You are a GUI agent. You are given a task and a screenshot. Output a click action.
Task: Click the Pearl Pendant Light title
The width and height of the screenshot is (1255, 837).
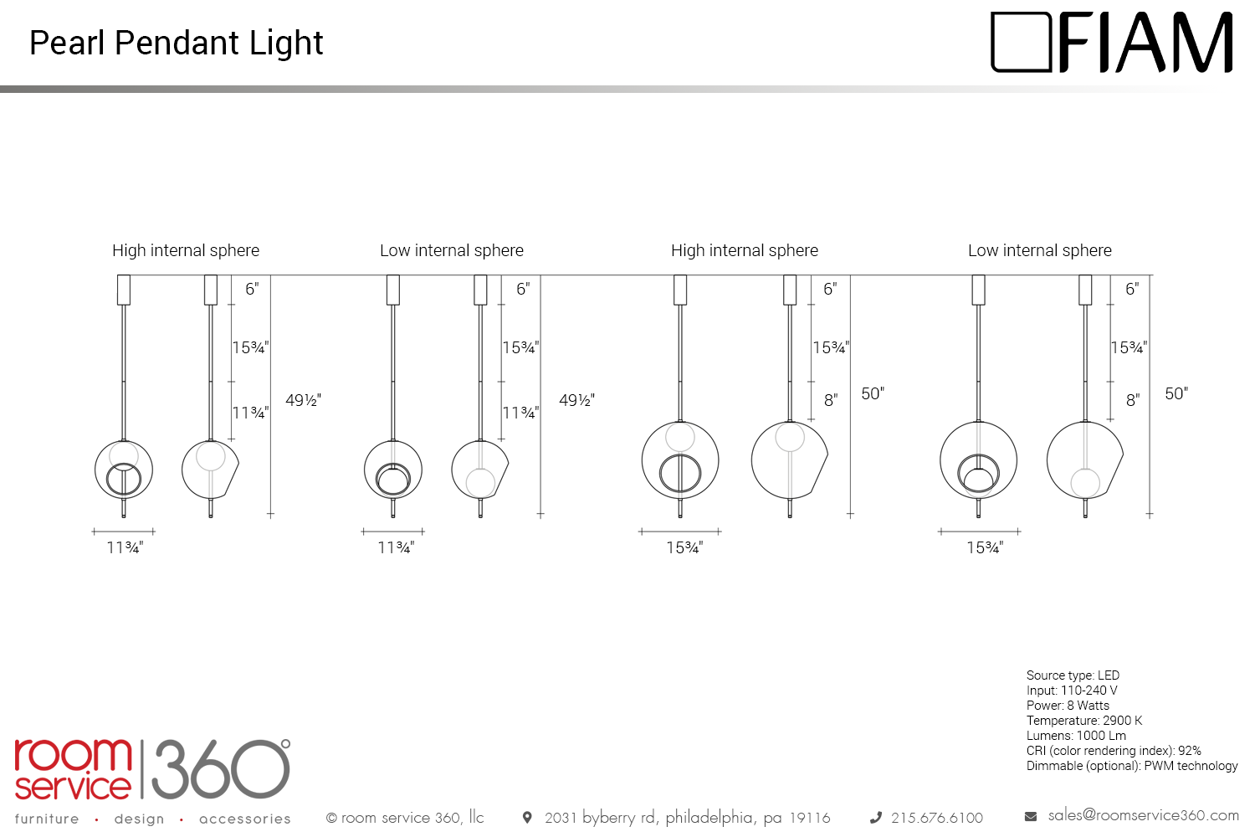tap(176, 44)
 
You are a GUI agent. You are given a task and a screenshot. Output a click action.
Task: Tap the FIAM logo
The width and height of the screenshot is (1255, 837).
tap(1112, 42)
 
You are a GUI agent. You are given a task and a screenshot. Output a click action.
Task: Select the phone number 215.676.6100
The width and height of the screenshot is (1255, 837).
tap(937, 818)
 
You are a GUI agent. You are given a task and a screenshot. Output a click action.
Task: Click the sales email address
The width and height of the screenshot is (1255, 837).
tap(1143, 816)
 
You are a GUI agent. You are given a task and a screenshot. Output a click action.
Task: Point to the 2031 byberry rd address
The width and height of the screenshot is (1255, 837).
tap(687, 818)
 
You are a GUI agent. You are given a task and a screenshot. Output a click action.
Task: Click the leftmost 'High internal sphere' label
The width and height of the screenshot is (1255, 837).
tap(186, 250)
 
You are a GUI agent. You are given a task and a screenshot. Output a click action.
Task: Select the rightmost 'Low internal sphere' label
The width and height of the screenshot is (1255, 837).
tap(1039, 250)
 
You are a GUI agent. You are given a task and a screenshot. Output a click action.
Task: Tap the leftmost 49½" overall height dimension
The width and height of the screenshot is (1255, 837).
tap(303, 400)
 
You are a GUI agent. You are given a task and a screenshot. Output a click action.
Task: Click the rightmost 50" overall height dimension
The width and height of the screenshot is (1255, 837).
tap(1176, 393)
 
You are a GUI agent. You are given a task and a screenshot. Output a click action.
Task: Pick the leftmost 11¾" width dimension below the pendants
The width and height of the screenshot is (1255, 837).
tap(125, 547)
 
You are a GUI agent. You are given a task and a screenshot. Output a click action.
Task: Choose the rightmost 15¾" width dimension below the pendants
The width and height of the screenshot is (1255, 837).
tap(985, 547)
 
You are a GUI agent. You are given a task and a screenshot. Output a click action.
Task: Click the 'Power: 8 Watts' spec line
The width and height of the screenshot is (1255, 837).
tap(1068, 706)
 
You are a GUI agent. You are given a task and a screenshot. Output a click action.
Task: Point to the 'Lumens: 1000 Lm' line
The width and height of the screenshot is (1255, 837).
tap(1076, 736)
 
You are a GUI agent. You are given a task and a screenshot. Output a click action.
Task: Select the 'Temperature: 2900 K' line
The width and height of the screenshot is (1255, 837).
tap(1083, 721)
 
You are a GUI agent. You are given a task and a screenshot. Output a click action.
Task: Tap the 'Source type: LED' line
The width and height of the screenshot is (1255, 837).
tap(1073, 675)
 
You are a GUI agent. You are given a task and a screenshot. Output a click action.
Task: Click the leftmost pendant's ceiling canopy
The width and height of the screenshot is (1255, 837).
tap(124, 290)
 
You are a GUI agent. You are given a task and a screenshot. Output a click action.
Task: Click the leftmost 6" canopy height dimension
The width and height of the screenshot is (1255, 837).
tap(252, 290)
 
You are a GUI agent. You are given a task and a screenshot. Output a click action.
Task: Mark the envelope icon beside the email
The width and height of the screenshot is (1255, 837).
tap(1031, 817)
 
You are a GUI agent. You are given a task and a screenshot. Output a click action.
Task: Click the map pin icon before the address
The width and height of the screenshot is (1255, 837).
tap(526, 818)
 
